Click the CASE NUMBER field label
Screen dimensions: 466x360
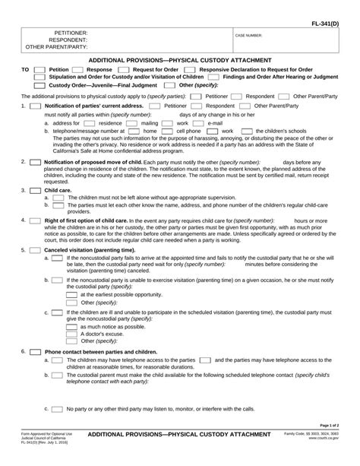[249, 35]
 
